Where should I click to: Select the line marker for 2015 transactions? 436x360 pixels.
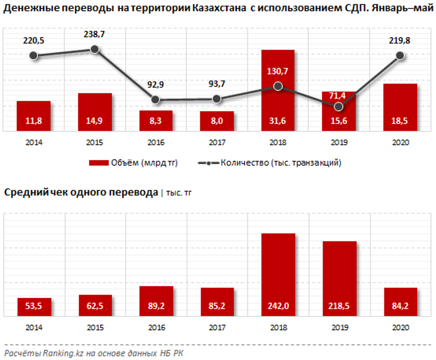point(95,49)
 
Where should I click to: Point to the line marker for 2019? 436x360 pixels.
point(339,107)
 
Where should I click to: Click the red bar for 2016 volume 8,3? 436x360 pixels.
point(156,121)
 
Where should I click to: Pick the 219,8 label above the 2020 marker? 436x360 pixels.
point(399,40)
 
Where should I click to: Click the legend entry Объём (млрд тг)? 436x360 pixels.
point(133,163)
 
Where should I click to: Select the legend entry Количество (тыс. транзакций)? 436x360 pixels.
point(270,163)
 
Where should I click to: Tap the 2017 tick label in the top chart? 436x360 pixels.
point(217,143)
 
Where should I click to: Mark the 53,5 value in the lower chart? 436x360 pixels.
point(34,306)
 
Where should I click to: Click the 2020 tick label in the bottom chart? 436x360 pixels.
point(400,327)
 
